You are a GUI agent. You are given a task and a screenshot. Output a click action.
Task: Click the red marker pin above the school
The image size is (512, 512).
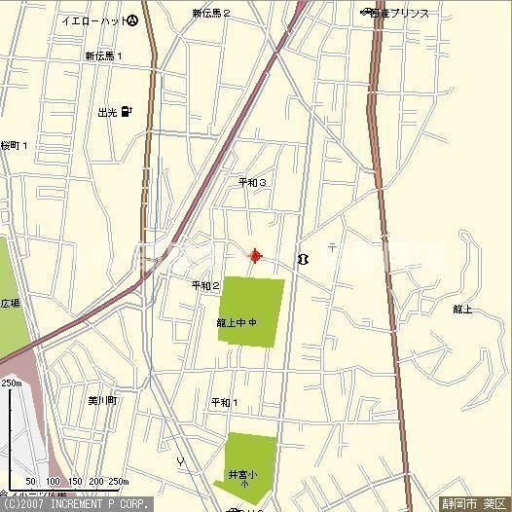(x=256, y=256)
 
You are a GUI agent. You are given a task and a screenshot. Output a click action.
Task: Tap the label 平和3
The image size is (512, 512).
(x=252, y=182)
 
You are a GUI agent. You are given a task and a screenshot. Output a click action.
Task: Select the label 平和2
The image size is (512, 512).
(x=205, y=285)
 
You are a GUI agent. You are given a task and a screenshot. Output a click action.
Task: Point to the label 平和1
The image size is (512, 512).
(x=224, y=402)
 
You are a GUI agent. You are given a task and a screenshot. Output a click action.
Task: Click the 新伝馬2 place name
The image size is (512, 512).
(x=210, y=14)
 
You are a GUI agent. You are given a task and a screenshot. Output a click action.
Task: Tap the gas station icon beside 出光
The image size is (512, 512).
(x=128, y=113)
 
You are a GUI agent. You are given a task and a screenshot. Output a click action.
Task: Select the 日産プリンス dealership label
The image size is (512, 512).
(x=399, y=13)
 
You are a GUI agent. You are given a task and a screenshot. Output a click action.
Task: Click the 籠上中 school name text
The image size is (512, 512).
(x=236, y=322)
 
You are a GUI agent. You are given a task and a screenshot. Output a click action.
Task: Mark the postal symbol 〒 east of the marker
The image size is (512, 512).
(x=332, y=247)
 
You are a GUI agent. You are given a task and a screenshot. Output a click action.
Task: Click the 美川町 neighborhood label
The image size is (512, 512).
(x=101, y=400)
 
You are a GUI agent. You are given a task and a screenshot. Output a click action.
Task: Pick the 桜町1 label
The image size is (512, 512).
(x=14, y=145)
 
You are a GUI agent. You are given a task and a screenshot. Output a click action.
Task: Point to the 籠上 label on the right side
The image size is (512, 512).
(x=461, y=310)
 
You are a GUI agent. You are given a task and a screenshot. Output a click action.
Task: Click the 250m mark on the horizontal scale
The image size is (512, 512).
(x=118, y=482)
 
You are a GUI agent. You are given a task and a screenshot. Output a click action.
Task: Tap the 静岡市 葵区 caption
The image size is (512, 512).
(x=474, y=504)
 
